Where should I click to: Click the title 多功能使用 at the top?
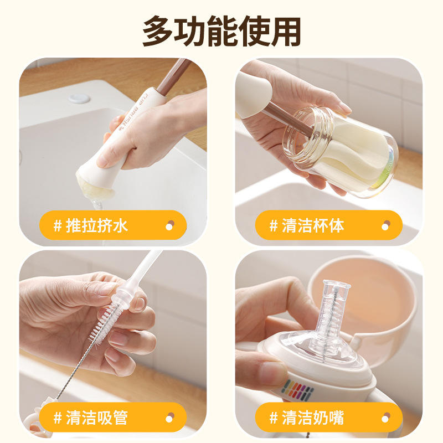pyautogui.click(x=221, y=31)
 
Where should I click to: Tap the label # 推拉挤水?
pyautogui.click(x=91, y=226)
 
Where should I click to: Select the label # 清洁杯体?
pyautogui.click(x=307, y=226)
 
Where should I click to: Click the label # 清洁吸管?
pyautogui.click(x=91, y=418)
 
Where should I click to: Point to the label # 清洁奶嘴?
pyautogui.click(x=307, y=418)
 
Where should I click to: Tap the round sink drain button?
pyautogui.click(x=79, y=99)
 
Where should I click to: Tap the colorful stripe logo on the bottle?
pyautogui.click(x=297, y=390)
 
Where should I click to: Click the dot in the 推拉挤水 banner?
pyautogui.click(x=170, y=225)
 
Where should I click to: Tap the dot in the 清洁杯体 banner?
pyautogui.click(x=386, y=225)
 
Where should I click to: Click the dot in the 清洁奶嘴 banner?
pyautogui.click(x=386, y=418)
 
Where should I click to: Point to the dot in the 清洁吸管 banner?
pyautogui.click(x=170, y=418)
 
